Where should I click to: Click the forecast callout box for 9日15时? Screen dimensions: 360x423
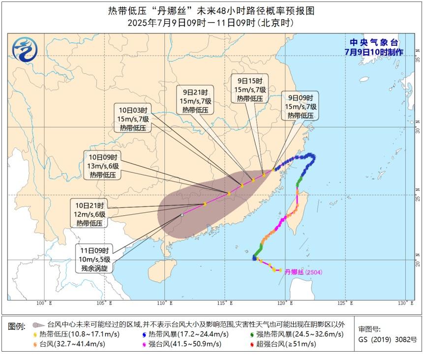tap(250, 89)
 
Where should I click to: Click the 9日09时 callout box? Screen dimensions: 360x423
tap(301, 106)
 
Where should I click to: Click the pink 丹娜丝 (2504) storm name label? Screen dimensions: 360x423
tap(303, 271)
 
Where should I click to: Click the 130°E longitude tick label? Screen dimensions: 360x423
tap(405, 302)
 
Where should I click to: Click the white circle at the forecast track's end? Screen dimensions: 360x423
tap(182, 215)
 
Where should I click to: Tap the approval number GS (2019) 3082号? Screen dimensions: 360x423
tap(387, 339)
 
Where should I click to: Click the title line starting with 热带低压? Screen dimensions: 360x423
tap(211, 10)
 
